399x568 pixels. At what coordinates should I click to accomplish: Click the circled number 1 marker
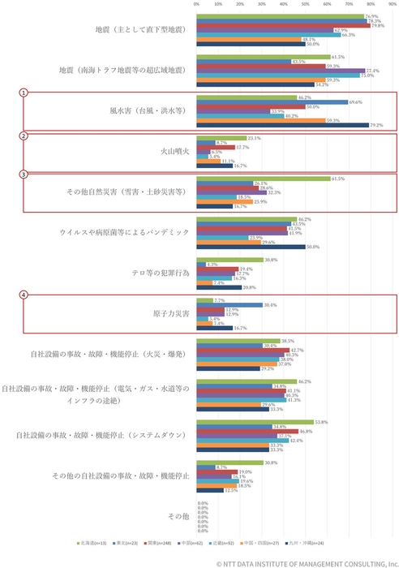(24, 93)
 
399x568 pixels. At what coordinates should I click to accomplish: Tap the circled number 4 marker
(24, 296)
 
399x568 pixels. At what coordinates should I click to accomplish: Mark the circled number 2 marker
(24, 135)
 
